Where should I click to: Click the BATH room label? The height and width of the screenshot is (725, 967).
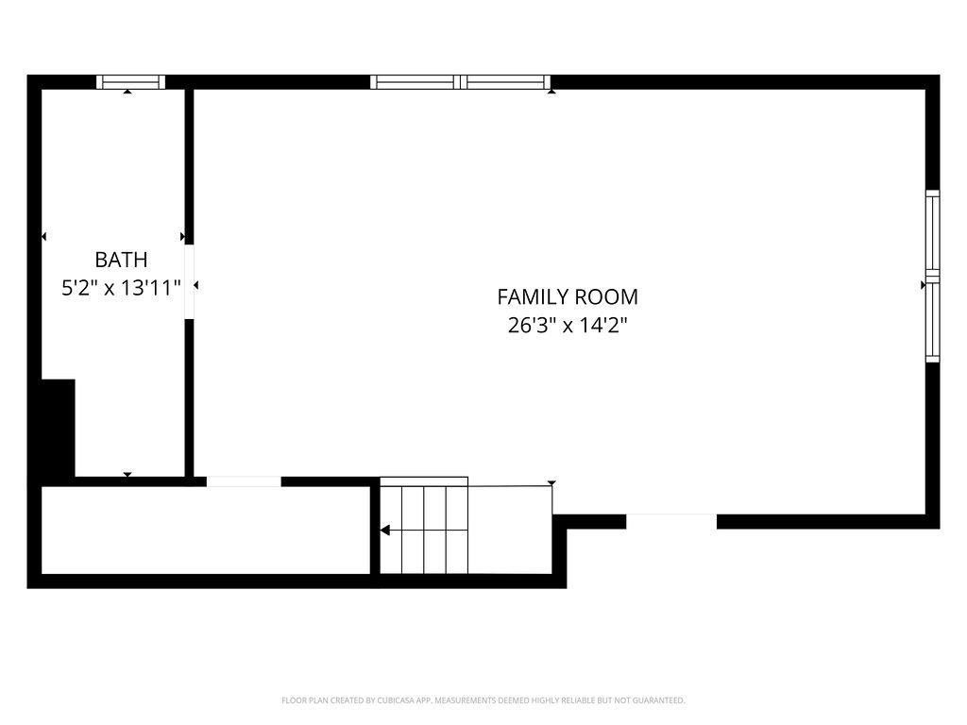(121, 260)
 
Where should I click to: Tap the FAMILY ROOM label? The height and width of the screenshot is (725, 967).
(568, 296)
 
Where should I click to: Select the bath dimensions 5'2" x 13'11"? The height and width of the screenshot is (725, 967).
(121, 287)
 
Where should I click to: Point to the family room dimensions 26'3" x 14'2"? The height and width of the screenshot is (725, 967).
(568, 325)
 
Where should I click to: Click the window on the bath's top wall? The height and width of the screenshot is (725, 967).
(130, 82)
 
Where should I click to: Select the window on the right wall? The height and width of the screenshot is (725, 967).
(932, 277)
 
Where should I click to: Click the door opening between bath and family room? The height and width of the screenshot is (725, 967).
(189, 281)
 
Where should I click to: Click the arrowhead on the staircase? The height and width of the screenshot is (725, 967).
(385, 531)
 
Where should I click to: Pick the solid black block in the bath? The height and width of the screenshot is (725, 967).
(58, 428)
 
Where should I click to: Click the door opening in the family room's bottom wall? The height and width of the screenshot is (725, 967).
(671, 521)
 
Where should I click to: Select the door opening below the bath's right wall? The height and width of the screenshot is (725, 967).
(244, 481)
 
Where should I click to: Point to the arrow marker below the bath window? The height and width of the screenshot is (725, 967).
(127, 92)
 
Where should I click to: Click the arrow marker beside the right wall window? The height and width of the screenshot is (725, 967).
(924, 285)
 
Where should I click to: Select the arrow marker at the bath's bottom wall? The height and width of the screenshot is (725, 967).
(127, 474)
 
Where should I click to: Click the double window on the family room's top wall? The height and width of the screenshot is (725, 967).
(460, 82)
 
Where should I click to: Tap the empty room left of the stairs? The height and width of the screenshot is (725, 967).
(205, 531)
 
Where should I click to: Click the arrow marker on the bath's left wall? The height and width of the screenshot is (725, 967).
(43, 236)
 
